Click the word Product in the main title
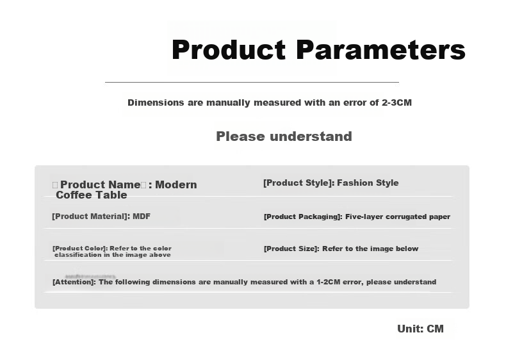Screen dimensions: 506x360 click(229, 49)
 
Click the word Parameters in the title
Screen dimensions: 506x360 click(381, 49)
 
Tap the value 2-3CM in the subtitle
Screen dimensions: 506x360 click(396, 102)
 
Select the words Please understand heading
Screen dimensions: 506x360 click(284, 136)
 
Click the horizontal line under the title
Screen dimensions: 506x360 click(252, 83)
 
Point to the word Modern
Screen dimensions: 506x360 click(176, 184)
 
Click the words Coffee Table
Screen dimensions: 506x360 click(92, 195)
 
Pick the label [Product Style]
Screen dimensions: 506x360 click(299, 183)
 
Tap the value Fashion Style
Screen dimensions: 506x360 click(368, 183)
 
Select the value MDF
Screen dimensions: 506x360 click(142, 217)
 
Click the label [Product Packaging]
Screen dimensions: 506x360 click(303, 217)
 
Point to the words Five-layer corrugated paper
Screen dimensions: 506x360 click(398, 217)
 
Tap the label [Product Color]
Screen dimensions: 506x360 click(79, 249)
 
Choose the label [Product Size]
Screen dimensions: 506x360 click(291, 249)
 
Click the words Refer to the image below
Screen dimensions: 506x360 click(370, 249)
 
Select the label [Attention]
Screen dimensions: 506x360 click(74, 282)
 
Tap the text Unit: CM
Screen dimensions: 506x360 click(420, 329)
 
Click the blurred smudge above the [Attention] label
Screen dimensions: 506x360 click(90, 276)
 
